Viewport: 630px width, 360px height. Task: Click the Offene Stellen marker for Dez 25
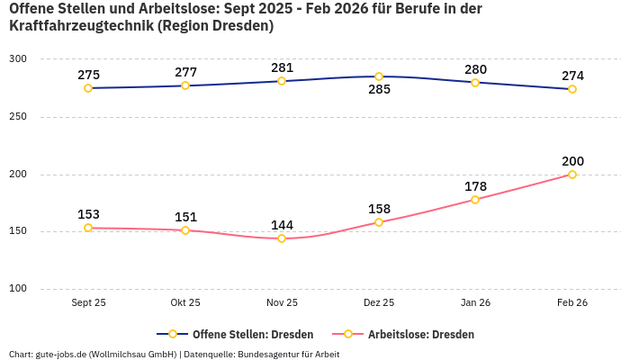point(379,76)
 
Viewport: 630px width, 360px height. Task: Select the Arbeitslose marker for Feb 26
point(572,175)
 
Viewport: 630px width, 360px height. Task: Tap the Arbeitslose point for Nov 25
point(282,238)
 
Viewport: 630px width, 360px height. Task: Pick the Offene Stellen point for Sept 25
point(88,88)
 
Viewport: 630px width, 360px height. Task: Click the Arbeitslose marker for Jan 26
point(475,200)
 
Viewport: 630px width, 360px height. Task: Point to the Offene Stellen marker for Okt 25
point(185,85)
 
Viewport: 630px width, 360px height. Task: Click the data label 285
point(379,90)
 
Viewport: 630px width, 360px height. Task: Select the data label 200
point(572,161)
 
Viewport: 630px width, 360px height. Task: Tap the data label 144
point(282,225)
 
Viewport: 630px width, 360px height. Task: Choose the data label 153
point(88,214)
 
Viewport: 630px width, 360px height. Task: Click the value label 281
point(282,67)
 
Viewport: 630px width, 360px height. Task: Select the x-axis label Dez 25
point(379,303)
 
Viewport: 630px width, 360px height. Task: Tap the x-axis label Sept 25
point(88,303)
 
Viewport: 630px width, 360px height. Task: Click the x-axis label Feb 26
point(572,303)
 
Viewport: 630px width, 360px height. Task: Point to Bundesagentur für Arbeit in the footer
point(289,354)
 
